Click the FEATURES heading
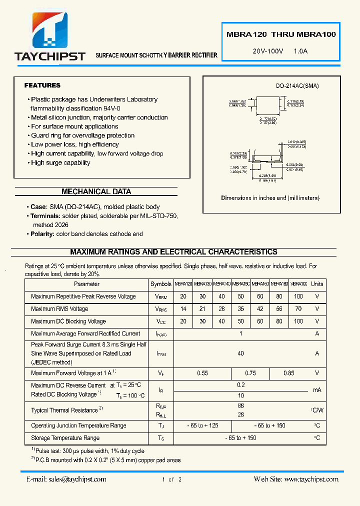click(42, 85)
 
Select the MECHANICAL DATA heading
click(96, 191)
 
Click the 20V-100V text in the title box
click(268, 51)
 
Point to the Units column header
click(317, 284)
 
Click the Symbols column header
click(160, 284)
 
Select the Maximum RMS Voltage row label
click(59, 309)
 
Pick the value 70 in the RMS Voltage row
click(298, 309)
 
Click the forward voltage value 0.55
click(202, 373)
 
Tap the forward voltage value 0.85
click(288, 373)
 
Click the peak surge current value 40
click(240, 353)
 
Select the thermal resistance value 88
click(240, 406)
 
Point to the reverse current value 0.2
click(240, 385)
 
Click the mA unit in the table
click(317, 390)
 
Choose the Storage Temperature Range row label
click(65, 438)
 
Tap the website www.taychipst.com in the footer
click(310, 479)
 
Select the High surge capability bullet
click(60, 162)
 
